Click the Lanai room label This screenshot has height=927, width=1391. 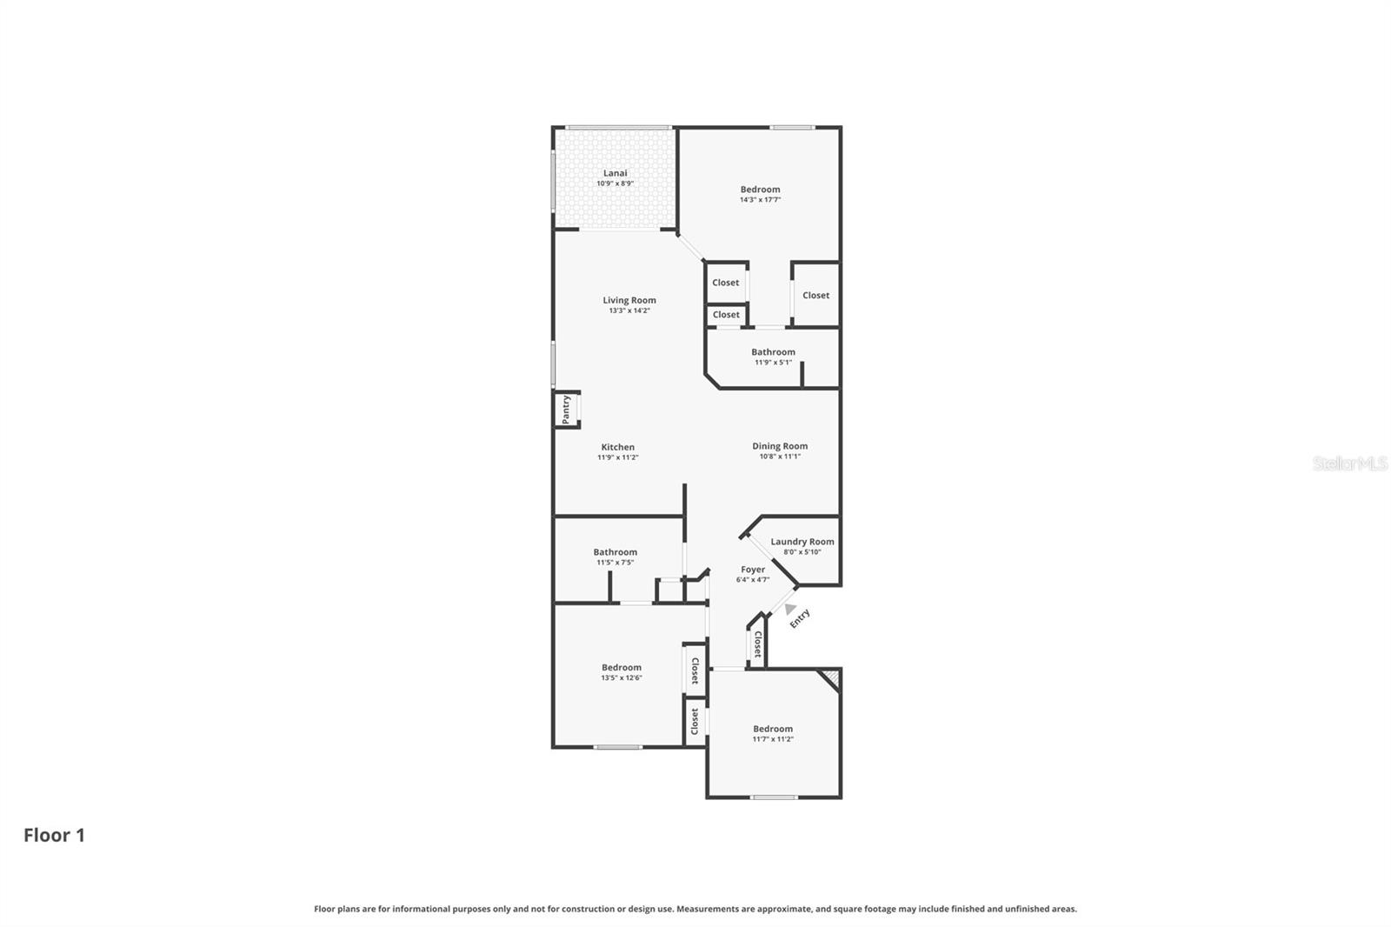(615, 173)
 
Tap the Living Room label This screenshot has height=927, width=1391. (629, 300)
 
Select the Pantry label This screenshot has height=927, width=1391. (566, 410)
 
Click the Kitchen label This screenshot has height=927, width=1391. (617, 447)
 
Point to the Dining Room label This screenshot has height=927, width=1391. (780, 446)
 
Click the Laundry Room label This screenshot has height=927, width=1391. (802, 542)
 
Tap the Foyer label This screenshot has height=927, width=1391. (753, 570)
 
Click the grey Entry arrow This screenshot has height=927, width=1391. (789, 609)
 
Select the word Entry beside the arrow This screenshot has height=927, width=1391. (800, 618)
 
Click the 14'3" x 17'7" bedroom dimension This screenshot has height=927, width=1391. (760, 200)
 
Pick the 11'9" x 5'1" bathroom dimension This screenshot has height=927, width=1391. (773, 363)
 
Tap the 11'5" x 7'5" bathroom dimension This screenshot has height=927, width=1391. (615, 563)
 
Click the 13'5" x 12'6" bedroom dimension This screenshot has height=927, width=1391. (621, 678)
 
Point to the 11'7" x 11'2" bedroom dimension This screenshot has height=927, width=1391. (773, 739)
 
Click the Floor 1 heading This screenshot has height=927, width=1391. (54, 836)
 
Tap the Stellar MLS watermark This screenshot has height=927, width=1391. (1349, 463)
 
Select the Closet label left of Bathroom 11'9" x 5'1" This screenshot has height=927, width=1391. (726, 315)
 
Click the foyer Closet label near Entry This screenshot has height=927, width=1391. (757, 644)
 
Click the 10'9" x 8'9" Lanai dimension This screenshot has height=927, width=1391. (615, 183)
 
